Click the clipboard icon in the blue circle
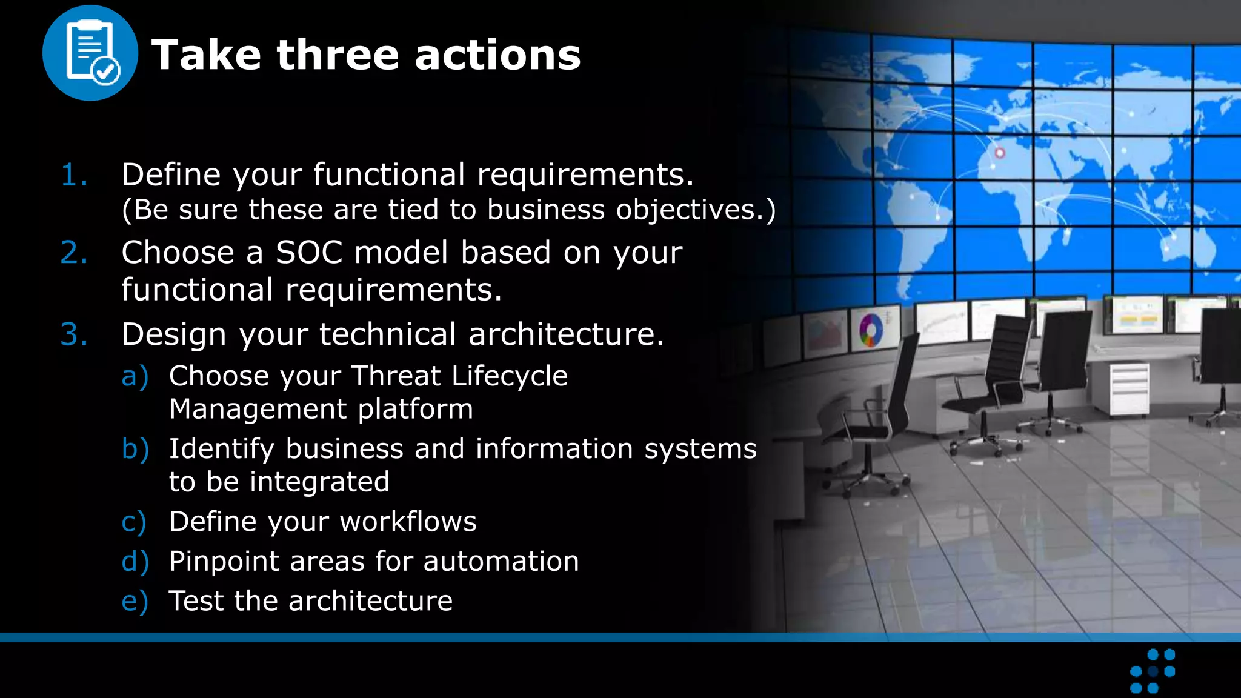coord(90,53)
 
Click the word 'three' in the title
coord(338,55)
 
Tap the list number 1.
coord(74,175)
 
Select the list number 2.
coord(74,253)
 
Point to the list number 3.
coord(74,334)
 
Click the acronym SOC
coord(309,253)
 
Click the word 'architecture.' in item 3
coord(566,334)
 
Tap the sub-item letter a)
coord(135,377)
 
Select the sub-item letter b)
coord(135,450)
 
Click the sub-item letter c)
coord(134,522)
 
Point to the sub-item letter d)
coord(135,562)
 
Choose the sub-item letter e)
coord(135,602)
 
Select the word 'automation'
coord(501,561)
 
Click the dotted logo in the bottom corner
coord(1153,671)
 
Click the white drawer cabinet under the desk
coord(1129,390)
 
